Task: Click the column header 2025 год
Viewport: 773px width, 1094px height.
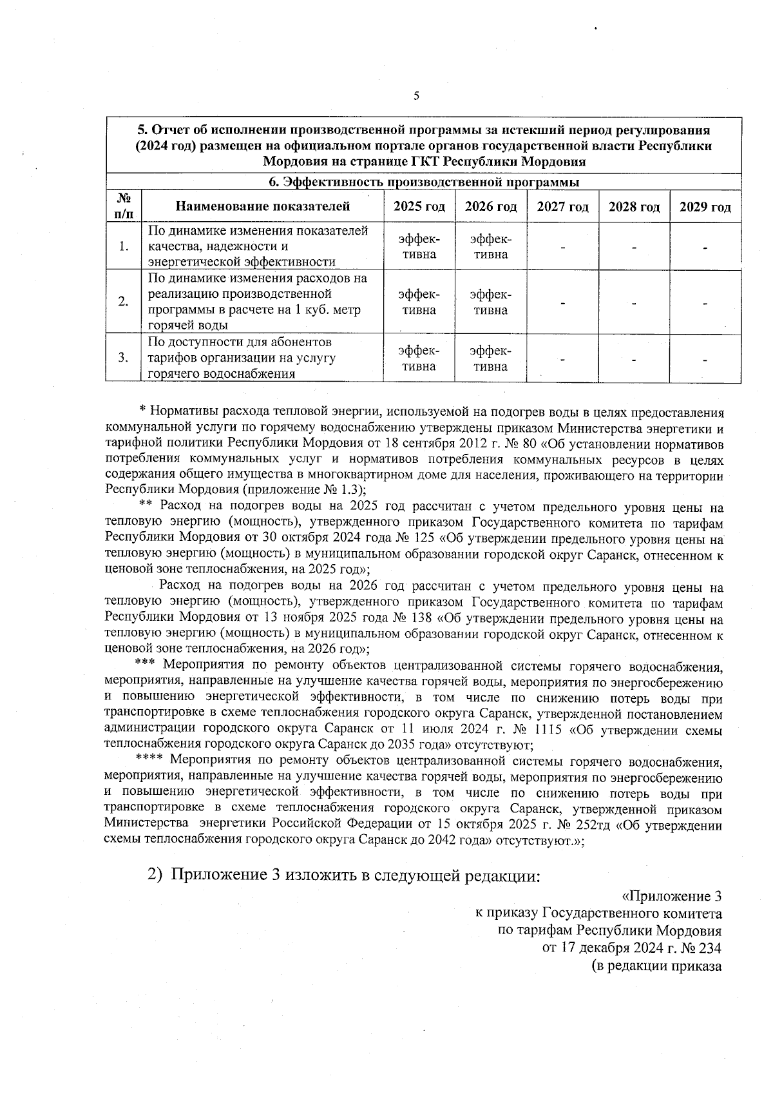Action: click(x=419, y=207)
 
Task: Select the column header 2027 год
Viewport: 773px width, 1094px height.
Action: click(x=563, y=207)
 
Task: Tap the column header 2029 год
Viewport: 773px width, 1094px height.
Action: click(x=705, y=207)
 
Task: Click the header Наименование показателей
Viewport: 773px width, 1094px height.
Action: click(x=263, y=207)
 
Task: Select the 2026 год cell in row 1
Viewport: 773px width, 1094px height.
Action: click(x=491, y=247)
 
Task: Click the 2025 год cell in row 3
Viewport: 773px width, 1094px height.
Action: click(x=419, y=358)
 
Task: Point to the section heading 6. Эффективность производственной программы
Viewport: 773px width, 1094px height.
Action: click(x=424, y=182)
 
